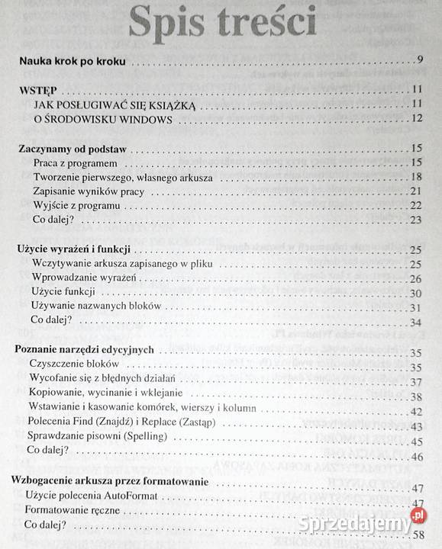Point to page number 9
click(x=420, y=61)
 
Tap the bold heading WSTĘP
click(x=39, y=89)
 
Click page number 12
click(x=417, y=118)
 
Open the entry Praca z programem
click(x=73, y=162)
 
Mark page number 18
click(x=417, y=177)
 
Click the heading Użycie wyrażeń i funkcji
click(x=73, y=249)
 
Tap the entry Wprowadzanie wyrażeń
click(x=83, y=278)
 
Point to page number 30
click(x=417, y=293)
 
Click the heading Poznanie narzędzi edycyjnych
click(x=85, y=350)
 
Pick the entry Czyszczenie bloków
click(x=75, y=364)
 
